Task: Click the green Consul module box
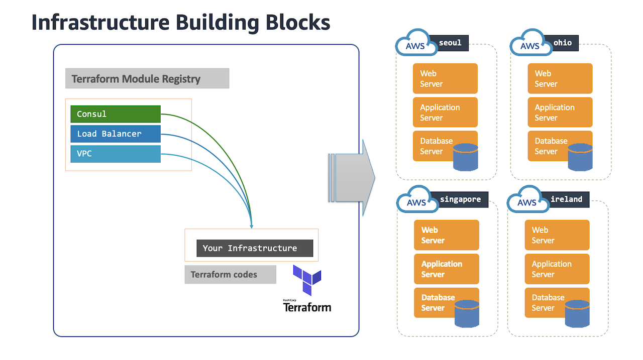pyautogui.click(x=116, y=114)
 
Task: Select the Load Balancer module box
pyautogui.click(x=116, y=134)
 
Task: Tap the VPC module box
pyautogui.click(x=116, y=154)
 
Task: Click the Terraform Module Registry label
pyautogui.click(x=147, y=78)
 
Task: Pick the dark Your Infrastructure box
pyautogui.click(x=255, y=248)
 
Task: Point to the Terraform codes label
pyautogui.click(x=230, y=275)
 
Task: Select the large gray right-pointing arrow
pyautogui.click(x=352, y=178)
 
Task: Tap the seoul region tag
pyautogui.click(x=450, y=43)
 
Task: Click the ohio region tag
pyautogui.click(x=563, y=43)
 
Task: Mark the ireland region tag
pyautogui.click(x=566, y=199)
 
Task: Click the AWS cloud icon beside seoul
pyautogui.click(x=416, y=43)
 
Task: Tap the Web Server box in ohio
pyautogui.click(x=560, y=78)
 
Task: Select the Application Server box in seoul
pyautogui.click(x=445, y=112)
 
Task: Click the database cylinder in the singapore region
pyautogui.click(x=467, y=314)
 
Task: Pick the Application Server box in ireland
pyautogui.click(x=557, y=269)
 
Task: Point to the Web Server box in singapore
pyautogui.click(x=447, y=235)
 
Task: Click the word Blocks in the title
pyautogui.click(x=298, y=23)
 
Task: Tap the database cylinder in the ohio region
pyautogui.click(x=580, y=157)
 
